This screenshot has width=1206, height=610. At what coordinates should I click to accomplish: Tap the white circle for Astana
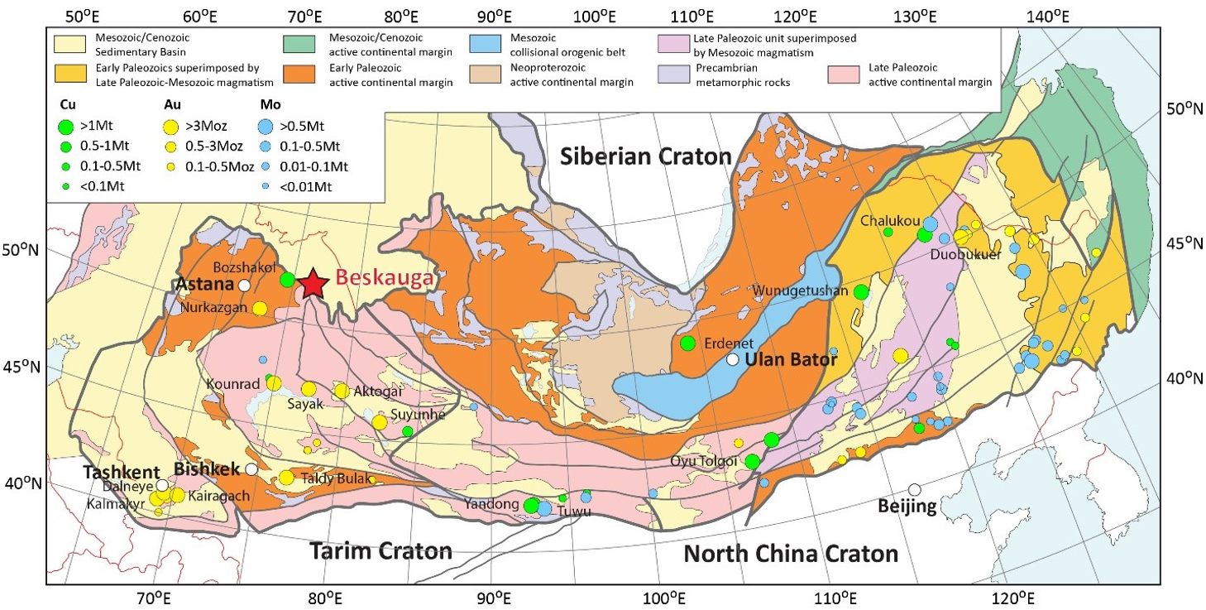(244, 286)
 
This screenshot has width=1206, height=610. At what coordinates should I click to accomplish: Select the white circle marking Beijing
(914, 490)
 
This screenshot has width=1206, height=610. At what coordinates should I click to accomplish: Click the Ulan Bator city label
(791, 360)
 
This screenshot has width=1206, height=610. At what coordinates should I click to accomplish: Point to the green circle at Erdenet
(687, 343)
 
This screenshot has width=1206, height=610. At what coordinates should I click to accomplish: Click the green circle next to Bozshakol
(287, 279)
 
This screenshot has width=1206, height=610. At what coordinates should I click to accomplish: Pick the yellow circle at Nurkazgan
(260, 309)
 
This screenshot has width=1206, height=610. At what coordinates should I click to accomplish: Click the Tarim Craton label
(380, 551)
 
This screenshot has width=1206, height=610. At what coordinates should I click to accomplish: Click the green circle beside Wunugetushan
(861, 291)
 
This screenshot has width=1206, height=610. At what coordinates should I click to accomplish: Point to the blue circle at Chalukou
(930, 223)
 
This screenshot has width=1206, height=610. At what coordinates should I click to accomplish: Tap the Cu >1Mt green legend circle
(66, 127)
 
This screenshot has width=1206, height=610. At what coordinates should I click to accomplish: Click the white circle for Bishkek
(251, 469)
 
